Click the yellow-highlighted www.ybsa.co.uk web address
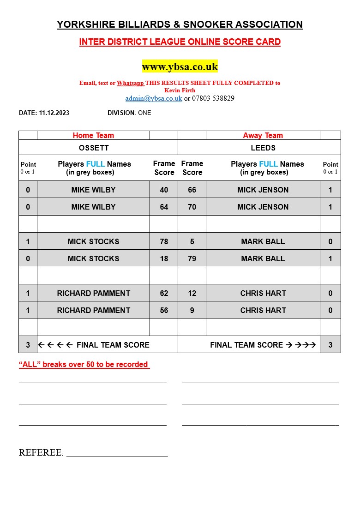180,66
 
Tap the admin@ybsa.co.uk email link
154,98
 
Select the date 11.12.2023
54,113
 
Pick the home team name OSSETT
93,148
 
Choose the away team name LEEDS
263,148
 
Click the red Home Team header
93,135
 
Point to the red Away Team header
263,135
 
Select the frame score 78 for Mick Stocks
164,241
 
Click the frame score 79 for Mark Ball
192,259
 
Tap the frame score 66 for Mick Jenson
192,190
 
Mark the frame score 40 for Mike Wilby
164,190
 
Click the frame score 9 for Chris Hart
192,310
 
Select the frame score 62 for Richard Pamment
164,293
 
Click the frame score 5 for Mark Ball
192,241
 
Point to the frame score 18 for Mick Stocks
164,259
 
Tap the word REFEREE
40,453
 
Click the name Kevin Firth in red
180,90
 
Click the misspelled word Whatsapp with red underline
131,83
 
